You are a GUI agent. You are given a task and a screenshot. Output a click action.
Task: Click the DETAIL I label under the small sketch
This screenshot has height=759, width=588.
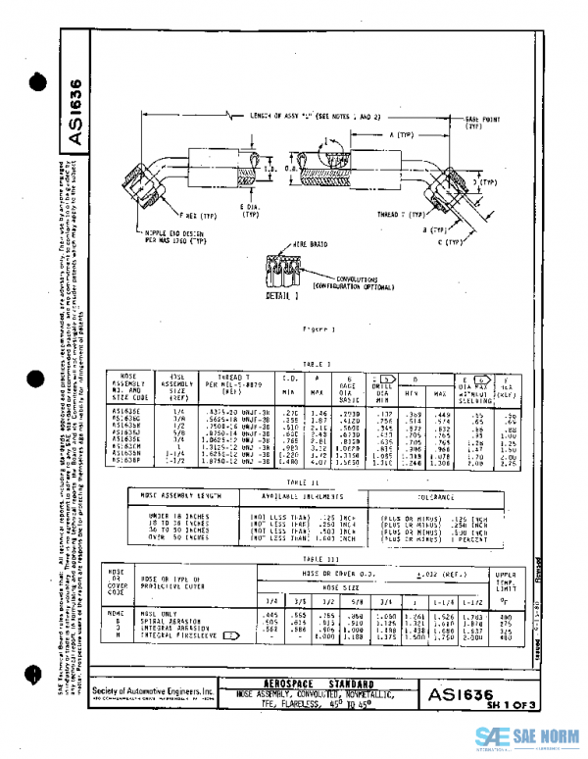[x=281, y=293]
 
